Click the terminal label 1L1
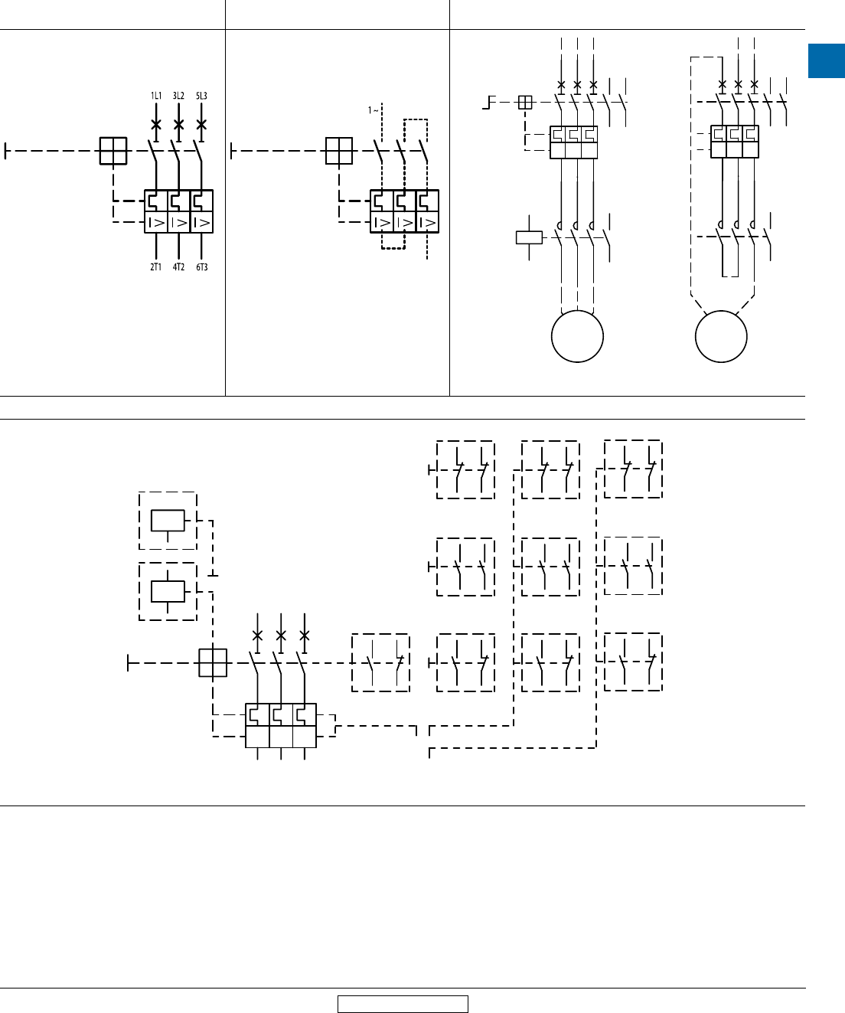(155, 96)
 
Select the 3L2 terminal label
(178, 96)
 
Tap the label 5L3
(201, 96)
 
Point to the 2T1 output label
(155, 267)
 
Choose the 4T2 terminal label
(178, 267)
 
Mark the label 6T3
(201, 267)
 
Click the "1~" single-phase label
(374, 110)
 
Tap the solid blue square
(827, 61)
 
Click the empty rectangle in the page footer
(403, 1004)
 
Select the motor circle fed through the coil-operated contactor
(578, 336)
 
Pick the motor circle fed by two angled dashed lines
(721, 336)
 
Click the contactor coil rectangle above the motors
(530, 237)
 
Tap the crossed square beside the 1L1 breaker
(113, 151)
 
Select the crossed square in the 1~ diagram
(338, 151)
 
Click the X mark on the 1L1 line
(155, 124)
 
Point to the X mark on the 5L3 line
(201, 124)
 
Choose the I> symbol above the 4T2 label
(178, 223)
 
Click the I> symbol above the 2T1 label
(155, 223)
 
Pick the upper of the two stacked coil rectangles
(168, 520)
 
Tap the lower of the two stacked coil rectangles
(168, 591)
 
